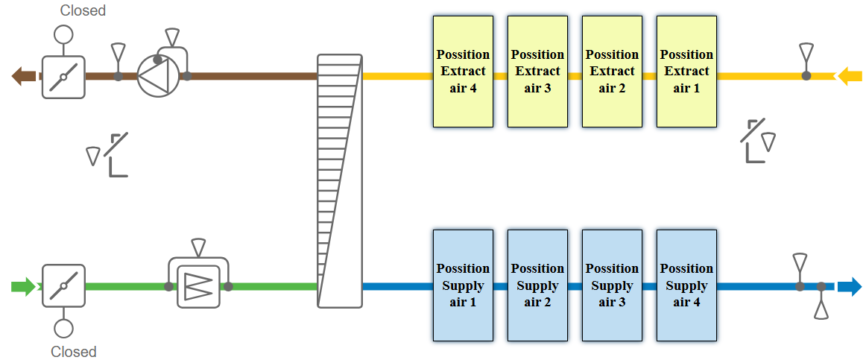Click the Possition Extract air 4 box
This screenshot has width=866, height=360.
click(463, 72)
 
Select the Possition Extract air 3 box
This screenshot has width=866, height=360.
click(537, 72)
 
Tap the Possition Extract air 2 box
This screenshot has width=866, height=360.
click(612, 72)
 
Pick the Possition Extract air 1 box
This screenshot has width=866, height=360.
click(686, 72)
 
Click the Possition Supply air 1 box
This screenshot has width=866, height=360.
click(463, 285)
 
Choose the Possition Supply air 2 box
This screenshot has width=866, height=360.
click(537, 285)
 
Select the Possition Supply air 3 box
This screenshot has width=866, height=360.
click(612, 285)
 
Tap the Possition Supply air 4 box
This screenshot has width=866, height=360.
click(686, 285)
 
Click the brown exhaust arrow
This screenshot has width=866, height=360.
click(23, 75)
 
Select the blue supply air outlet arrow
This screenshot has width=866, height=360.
click(850, 286)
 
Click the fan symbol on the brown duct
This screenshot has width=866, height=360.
click(158, 75)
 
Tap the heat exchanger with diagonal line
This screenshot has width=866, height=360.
click(340, 180)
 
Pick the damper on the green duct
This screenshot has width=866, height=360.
click(63, 285)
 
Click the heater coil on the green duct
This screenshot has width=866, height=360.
click(198, 286)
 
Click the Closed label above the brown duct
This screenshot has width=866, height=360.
click(83, 10)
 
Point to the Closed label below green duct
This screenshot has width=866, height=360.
click(73, 352)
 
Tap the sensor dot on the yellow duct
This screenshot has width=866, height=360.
click(806, 75)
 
